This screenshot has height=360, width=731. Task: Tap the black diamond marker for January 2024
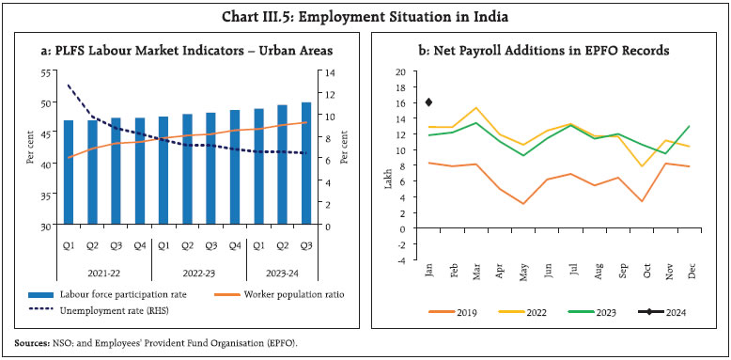tap(428, 102)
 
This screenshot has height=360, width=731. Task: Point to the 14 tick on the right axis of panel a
tap(326, 72)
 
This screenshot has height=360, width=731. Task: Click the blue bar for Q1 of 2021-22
tap(68, 173)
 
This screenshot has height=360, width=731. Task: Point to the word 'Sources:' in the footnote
tap(38, 344)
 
